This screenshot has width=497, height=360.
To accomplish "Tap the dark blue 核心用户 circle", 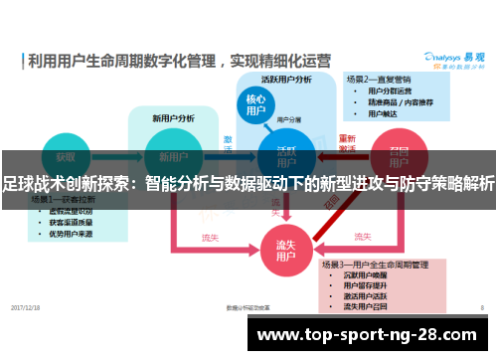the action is tap(255, 104).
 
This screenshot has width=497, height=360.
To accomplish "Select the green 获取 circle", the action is tap(66, 158).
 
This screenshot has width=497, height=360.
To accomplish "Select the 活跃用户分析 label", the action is tap(286, 79).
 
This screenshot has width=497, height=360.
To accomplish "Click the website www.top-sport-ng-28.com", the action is tap(373, 333).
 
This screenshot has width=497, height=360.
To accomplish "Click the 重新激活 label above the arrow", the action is tap(347, 142).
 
